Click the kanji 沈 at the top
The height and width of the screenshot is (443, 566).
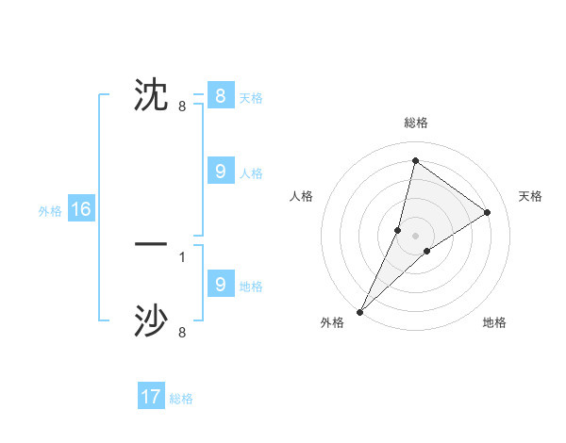151,95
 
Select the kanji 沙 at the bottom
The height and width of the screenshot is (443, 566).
151,321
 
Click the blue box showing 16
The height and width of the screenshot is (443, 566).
81,209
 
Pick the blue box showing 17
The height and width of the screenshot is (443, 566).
151,397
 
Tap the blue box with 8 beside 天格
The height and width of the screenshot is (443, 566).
220,95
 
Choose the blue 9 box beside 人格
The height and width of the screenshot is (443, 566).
220,171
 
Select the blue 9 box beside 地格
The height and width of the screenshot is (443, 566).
220,284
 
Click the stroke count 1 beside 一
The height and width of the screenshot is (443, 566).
182,256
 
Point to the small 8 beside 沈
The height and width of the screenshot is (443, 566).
182,107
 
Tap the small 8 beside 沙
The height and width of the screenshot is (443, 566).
182,333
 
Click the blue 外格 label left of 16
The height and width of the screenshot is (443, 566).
50,210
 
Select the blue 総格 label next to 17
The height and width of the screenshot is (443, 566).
181,398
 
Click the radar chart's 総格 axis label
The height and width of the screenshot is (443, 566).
416,123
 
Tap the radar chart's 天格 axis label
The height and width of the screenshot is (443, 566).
530,196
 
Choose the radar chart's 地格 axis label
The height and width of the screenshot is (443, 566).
494,322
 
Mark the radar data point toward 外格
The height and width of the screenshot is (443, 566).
359,311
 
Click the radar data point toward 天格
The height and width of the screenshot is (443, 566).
487,212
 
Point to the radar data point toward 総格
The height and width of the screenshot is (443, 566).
415,160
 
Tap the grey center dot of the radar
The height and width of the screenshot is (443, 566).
415,235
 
